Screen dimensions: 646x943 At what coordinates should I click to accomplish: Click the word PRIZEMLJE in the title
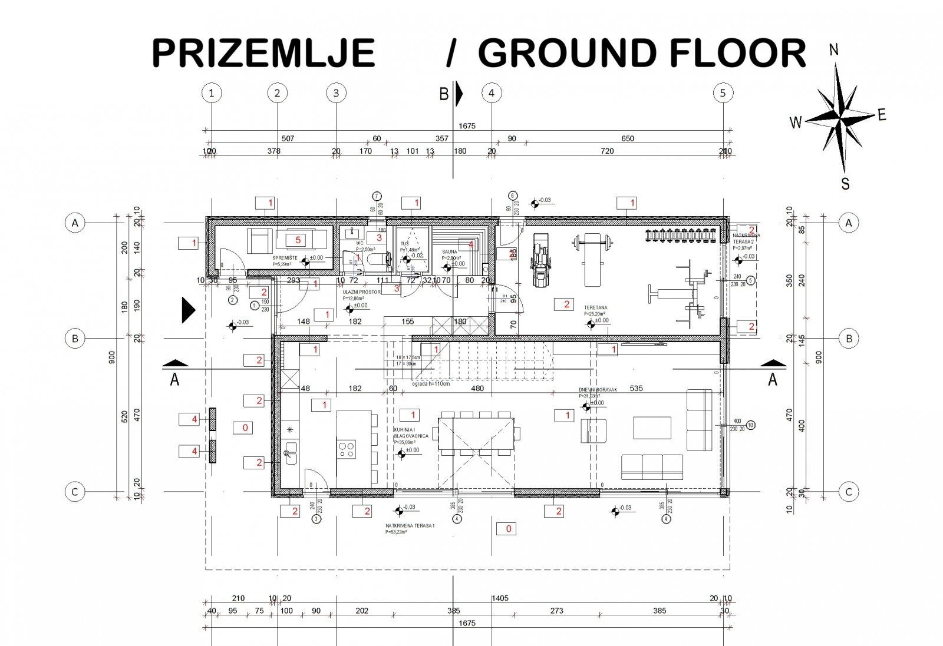pos(263,53)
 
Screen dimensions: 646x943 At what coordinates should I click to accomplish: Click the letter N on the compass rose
pos(834,50)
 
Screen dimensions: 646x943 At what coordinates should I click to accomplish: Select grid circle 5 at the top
pos(723,92)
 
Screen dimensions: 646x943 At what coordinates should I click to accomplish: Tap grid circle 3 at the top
pos(336,92)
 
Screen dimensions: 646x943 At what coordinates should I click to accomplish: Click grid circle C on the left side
pos(75,492)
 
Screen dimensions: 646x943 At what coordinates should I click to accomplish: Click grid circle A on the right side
pos(849,223)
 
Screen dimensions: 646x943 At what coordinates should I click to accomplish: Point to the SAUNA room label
pos(450,251)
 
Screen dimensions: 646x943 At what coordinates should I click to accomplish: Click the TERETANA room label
pos(595,307)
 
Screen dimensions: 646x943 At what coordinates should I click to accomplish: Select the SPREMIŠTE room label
pos(283,259)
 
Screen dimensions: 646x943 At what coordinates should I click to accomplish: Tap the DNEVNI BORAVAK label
pos(597,390)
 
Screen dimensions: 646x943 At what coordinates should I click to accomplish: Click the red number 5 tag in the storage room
pos(298,240)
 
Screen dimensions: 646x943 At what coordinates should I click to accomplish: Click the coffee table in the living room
pos(652,428)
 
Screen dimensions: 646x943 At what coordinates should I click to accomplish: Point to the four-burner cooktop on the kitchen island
pos(347,449)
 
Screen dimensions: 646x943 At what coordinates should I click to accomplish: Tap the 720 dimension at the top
pos(606,151)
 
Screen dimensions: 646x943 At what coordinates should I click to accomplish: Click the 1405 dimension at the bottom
pos(500,598)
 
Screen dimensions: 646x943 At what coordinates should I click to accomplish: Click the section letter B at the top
pos(444,94)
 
